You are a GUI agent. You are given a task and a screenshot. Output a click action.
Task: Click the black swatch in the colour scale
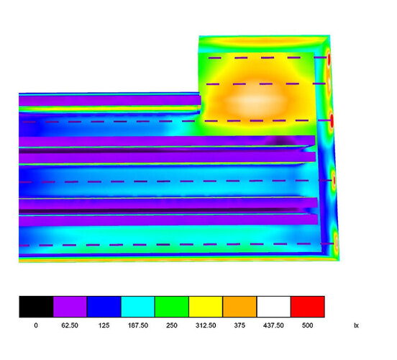(36, 307)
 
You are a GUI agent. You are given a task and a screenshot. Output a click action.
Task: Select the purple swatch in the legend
(70, 307)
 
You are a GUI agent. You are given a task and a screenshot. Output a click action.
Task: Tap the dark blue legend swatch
(104, 307)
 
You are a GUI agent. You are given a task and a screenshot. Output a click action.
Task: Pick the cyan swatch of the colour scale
(138, 307)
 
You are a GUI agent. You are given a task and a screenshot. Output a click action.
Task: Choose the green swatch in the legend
(172, 307)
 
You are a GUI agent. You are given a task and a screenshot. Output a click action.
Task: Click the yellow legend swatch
(206, 307)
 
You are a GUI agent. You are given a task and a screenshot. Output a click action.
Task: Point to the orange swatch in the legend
(239, 307)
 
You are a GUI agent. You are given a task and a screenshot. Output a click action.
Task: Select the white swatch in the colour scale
(273, 307)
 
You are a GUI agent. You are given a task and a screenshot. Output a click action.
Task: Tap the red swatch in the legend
(308, 307)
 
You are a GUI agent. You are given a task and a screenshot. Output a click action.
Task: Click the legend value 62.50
(70, 325)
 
